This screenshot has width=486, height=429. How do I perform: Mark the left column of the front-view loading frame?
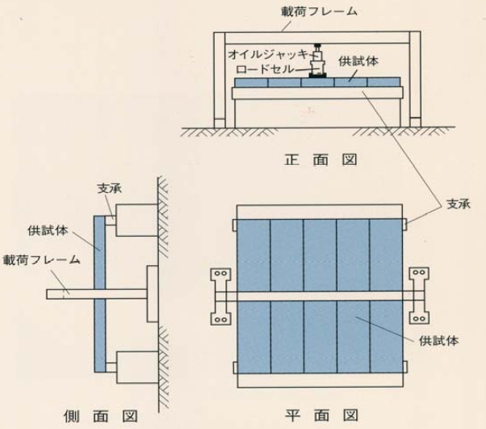220,81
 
